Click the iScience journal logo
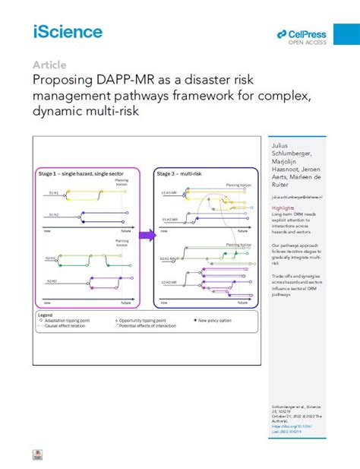pos(68,31)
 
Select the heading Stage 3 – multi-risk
pos(182,174)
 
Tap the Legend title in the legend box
pos(46,313)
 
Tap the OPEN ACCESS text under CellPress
pos(308,43)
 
